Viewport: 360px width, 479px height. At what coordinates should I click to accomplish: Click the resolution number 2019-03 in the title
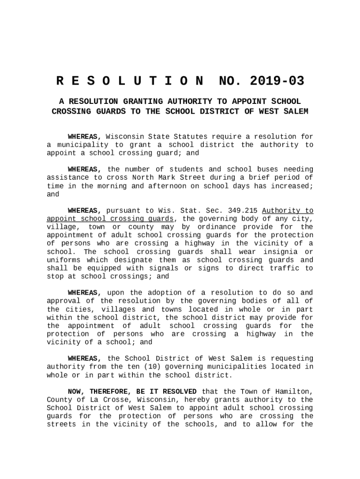(x=277, y=81)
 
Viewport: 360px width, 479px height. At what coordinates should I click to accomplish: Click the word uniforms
(x=63, y=260)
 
